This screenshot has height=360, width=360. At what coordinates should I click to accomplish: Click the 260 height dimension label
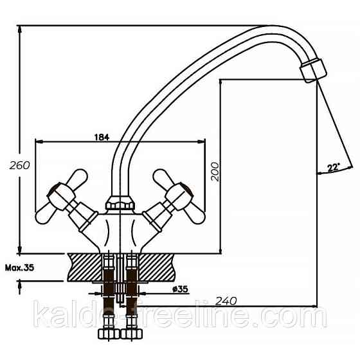point(20,165)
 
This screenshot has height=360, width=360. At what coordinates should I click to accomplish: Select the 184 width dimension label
point(102,137)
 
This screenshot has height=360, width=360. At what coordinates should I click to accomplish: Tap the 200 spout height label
point(215,172)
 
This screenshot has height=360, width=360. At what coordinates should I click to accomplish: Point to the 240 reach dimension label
point(226,301)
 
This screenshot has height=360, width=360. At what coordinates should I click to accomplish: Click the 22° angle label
point(334,167)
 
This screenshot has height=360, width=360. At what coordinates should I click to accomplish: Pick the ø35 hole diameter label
point(180,289)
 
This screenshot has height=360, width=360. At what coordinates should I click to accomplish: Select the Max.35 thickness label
point(19,267)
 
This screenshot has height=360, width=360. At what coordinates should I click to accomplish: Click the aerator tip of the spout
point(314,71)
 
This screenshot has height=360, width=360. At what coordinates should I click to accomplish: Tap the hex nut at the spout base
point(120,202)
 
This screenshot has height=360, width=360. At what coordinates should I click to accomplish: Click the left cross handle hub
point(61,197)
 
